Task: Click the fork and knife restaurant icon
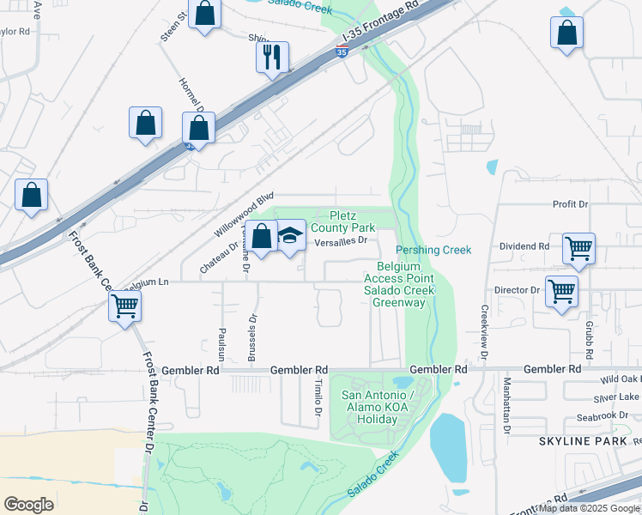pyautogui.click(x=272, y=58)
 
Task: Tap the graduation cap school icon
pyautogui.click(x=291, y=237)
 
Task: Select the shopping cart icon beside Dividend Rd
pyautogui.click(x=578, y=249)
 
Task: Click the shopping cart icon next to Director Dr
pyautogui.click(x=561, y=291)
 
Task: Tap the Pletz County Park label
pyautogui.click(x=342, y=221)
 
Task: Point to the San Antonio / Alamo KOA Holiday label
pyautogui.click(x=378, y=407)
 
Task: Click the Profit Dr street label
pyautogui.click(x=570, y=204)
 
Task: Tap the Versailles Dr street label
pyautogui.click(x=340, y=241)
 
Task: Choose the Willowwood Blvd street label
pyautogui.click(x=243, y=215)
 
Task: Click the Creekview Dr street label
pyautogui.click(x=484, y=331)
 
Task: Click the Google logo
pyautogui.click(x=28, y=504)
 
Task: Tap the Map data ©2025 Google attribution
pyautogui.click(x=589, y=508)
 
